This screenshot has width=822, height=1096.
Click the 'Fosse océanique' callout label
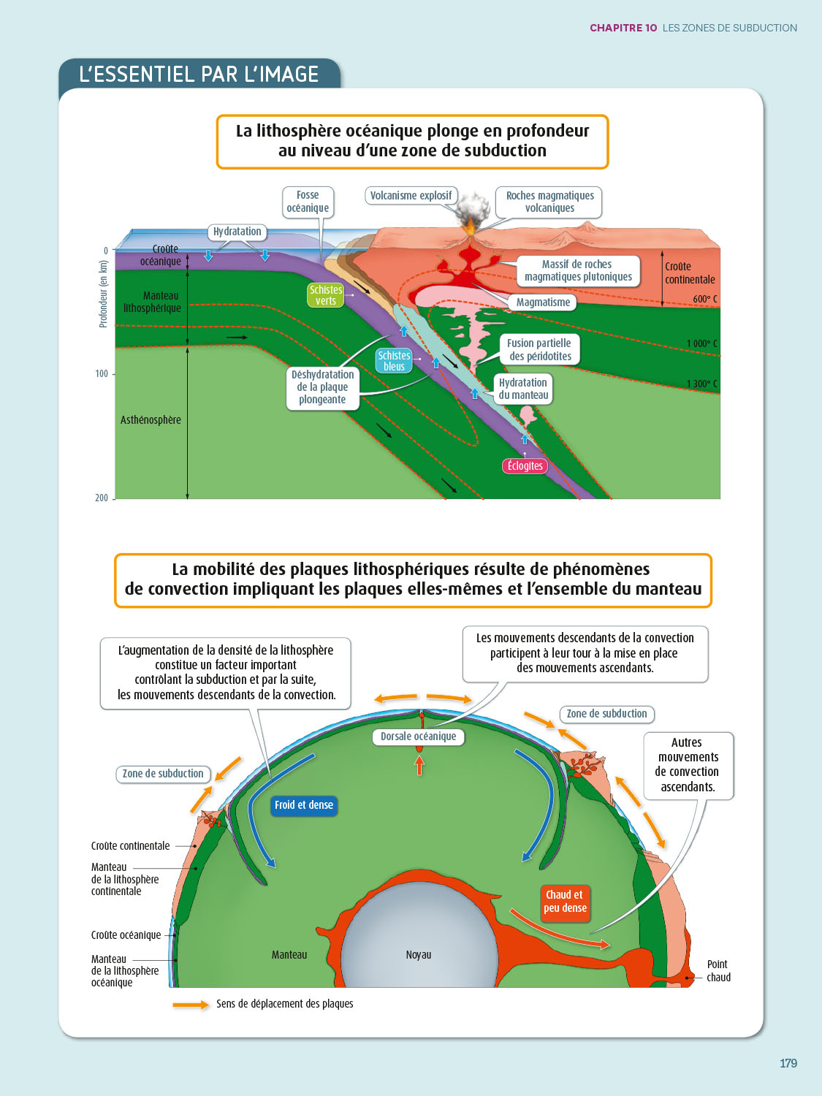pos(308,202)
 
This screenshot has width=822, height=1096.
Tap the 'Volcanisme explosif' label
pos(411,195)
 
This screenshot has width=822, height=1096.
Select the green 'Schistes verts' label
pos(326,295)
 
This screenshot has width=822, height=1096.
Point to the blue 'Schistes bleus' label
pos(394,361)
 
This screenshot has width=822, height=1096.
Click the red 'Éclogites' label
pos(525,465)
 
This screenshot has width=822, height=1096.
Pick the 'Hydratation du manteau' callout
pos(523,389)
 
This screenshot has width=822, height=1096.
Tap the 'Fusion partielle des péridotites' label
pos(540,349)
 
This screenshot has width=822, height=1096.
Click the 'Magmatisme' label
pos(543,302)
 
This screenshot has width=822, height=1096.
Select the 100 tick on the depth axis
pos(102,374)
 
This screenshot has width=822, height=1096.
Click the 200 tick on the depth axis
pos(102,498)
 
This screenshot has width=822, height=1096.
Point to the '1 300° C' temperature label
pos(701,384)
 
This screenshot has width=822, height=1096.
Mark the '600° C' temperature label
pos(705,299)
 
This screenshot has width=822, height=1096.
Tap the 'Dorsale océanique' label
pos(418,737)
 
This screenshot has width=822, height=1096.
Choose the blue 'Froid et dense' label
pos(303,805)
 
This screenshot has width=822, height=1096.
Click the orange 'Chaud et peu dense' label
pos(565,902)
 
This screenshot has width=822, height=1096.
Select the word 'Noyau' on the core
pos(419,955)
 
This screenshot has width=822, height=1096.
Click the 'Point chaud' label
pos(718,971)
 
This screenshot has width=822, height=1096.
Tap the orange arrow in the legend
pos(191,1005)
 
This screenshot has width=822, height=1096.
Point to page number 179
pos(788,1063)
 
